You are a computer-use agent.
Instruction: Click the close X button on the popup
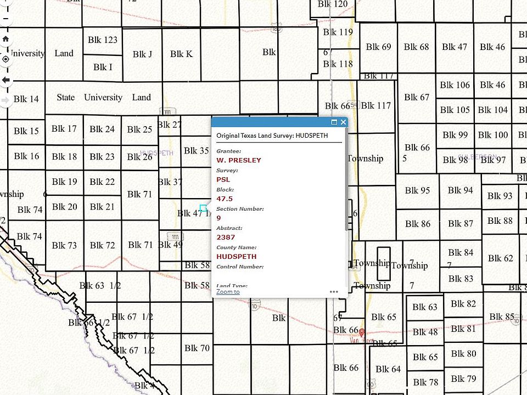point(344,122)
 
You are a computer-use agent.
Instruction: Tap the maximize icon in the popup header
point(334,122)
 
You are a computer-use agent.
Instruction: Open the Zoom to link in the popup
point(228,292)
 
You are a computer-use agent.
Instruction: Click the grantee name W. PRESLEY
point(239,160)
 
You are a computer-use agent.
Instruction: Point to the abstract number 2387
point(226,237)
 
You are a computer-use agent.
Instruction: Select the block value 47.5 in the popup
point(225,199)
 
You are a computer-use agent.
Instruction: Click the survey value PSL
point(223,179)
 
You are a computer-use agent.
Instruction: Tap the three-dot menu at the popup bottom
point(334,292)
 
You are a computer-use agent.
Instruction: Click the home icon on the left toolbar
point(6,39)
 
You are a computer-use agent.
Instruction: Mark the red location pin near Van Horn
point(362,332)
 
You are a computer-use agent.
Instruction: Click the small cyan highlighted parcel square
point(203,208)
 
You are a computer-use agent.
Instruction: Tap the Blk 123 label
point(103,40)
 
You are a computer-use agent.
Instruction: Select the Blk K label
point(181,54)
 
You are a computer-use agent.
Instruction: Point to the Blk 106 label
point(455,85)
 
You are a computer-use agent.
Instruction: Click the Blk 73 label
point(64,245)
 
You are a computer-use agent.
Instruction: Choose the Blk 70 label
point(197,348)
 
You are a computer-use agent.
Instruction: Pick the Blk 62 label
point(501,258)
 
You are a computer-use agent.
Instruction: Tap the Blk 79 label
point(463,379)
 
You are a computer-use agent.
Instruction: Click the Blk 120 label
point(333,4)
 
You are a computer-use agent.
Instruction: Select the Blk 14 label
point(26,99)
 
